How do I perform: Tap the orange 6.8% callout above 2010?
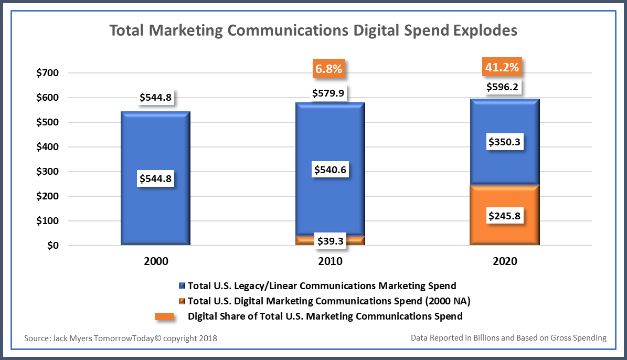[329, 69]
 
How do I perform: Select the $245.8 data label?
[504, 216]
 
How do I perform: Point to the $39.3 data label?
[330, 240]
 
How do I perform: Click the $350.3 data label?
[504, 142]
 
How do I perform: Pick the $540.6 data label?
[330, 170]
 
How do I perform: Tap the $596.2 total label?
[504, 87]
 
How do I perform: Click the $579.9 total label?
[330, 93]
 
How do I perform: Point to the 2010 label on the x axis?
[330, 261]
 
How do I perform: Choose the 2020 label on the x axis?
[504, 261]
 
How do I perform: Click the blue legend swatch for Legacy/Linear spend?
[182, 286]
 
